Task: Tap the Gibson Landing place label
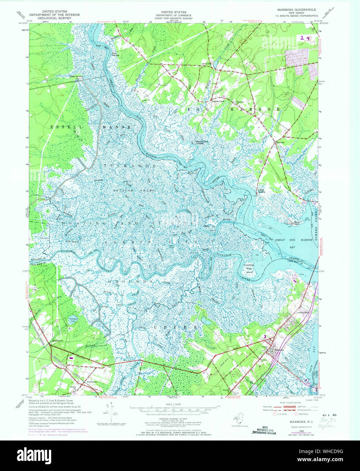click(x=76, y=77)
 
